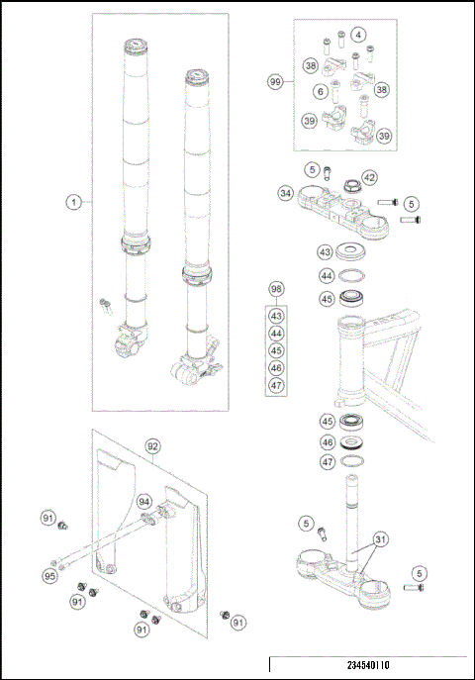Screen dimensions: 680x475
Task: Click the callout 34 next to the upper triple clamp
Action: coord(286,194)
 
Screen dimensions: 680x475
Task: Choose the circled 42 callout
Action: coord(369,177)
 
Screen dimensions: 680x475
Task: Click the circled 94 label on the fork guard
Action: coord(144,502)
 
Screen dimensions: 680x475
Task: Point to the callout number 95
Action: coord(50,576)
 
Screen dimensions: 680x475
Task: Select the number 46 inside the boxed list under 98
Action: coord(276,367)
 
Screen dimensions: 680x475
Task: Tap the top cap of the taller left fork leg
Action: coord(135,46)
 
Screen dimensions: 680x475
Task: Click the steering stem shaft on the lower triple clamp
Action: coord(351,510)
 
